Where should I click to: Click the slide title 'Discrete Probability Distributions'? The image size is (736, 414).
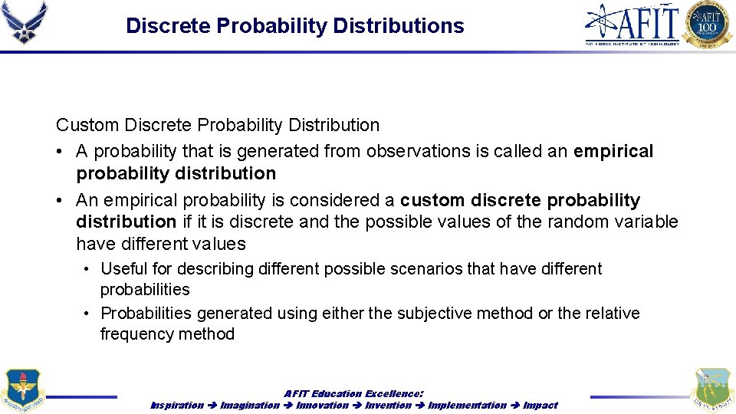[294, 26]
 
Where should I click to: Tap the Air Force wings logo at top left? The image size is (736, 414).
[25, 22]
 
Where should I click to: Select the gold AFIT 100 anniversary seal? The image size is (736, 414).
[708, 25]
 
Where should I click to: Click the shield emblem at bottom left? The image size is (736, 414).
[22, 390]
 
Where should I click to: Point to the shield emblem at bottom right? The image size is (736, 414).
[713, 390]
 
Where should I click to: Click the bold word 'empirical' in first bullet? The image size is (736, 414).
[613, 152]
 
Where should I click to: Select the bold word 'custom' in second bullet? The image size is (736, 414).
[433, 201]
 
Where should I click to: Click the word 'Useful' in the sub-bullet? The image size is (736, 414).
[125, 269]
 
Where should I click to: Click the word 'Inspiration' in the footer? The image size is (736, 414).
[177, 405]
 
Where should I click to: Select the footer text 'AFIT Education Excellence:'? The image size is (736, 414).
[353, 393]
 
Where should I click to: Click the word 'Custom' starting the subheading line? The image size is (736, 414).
[87, 125]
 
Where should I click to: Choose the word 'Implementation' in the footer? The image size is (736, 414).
[467, 405]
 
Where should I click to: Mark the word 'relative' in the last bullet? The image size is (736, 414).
[609, 314]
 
